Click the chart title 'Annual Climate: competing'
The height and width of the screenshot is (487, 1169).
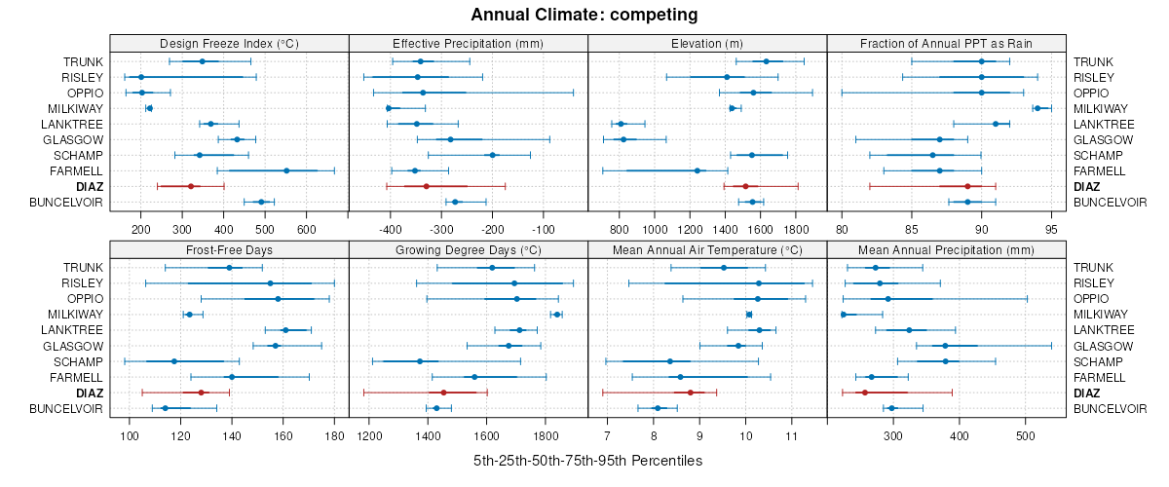[x=584, y=15]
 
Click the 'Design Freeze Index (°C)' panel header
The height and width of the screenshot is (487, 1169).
[x=229, y=43]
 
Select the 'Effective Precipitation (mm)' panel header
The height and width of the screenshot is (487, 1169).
[x=468, y=43]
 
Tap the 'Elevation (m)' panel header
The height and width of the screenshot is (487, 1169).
[x=707, y=43]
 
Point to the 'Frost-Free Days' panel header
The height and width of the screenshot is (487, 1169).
[x=229, y=249]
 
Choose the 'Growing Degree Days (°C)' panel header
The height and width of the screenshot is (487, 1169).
[x=468, y=249]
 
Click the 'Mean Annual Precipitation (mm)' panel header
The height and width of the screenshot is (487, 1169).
[x=946, y=249]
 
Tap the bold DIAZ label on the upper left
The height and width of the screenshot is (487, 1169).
[x=89, y=186]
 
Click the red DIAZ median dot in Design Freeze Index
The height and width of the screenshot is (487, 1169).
[x=191, y=186]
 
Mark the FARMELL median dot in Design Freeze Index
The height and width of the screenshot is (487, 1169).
[x=286, y=170]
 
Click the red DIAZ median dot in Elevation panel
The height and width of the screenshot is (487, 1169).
[x=745, y=186]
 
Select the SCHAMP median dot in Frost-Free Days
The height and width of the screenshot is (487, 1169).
[x=174, y=361]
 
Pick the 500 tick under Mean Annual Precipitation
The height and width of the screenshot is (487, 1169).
[x=1025, y=435]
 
